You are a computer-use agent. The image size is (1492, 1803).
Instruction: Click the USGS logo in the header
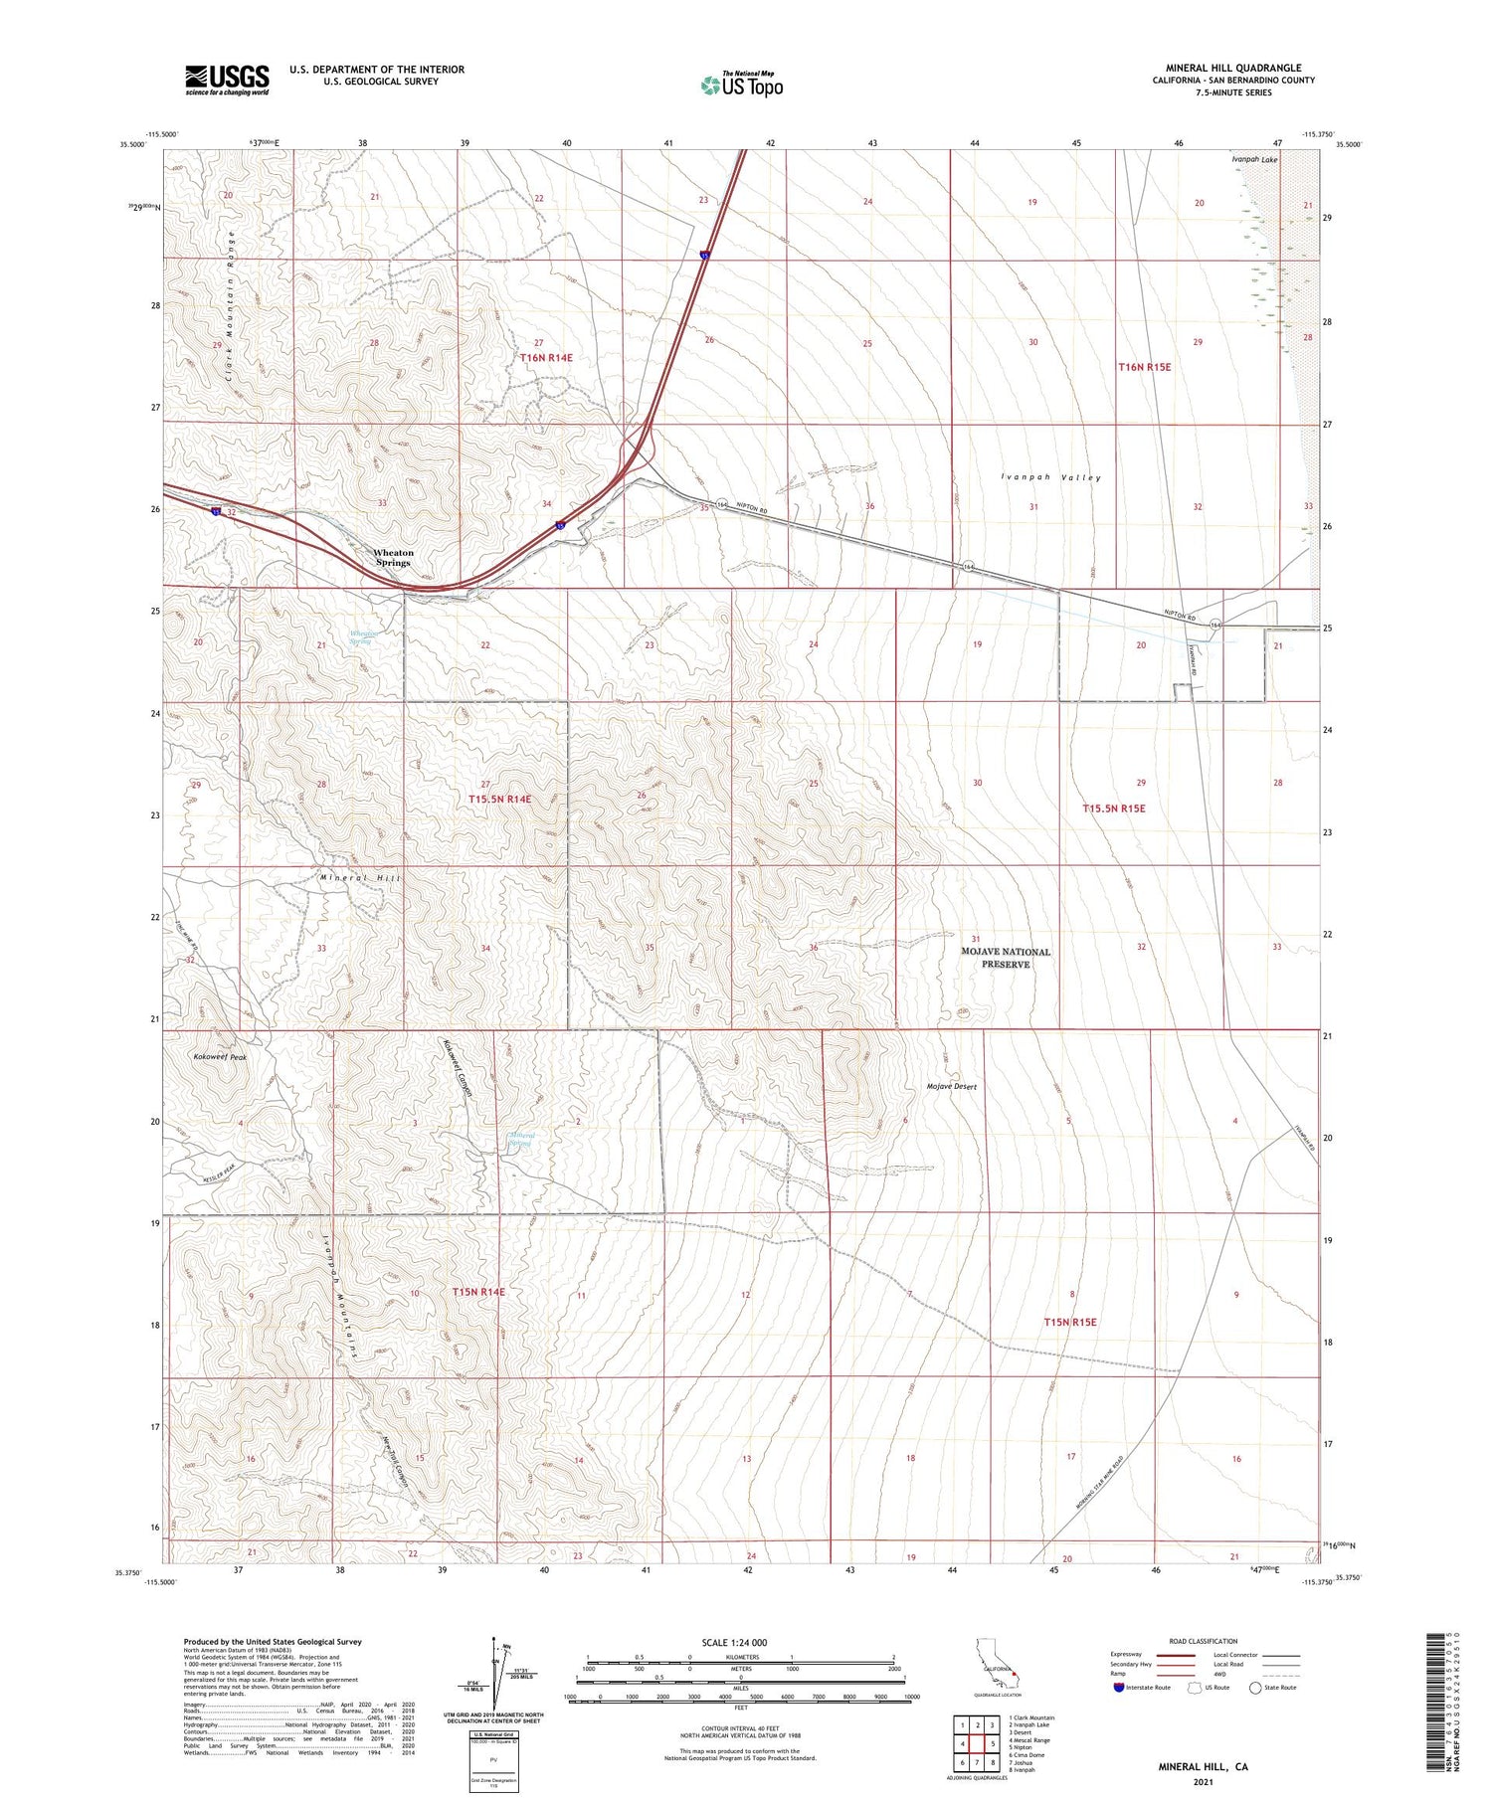(227, 80)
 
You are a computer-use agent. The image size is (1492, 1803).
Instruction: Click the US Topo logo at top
(742, 85)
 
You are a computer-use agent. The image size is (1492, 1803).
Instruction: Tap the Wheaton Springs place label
(393, 557)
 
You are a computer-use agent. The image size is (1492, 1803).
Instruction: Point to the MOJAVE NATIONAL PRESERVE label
(1005, 958)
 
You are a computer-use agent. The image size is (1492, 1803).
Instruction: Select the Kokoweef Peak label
(219, 1057)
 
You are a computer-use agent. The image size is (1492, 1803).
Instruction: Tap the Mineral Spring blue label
(521, 1140)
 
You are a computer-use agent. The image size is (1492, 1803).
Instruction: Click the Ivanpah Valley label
(1051, 477)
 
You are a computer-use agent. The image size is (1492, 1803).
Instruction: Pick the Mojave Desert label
(951, 1087)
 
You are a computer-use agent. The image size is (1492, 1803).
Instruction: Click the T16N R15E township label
(1144, 367)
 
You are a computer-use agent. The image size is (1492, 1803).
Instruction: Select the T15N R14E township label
(478, 1292)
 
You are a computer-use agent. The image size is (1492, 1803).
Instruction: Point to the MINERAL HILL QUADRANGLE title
(1233, 68)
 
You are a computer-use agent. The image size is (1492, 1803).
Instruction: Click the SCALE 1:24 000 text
(734, 1642)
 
